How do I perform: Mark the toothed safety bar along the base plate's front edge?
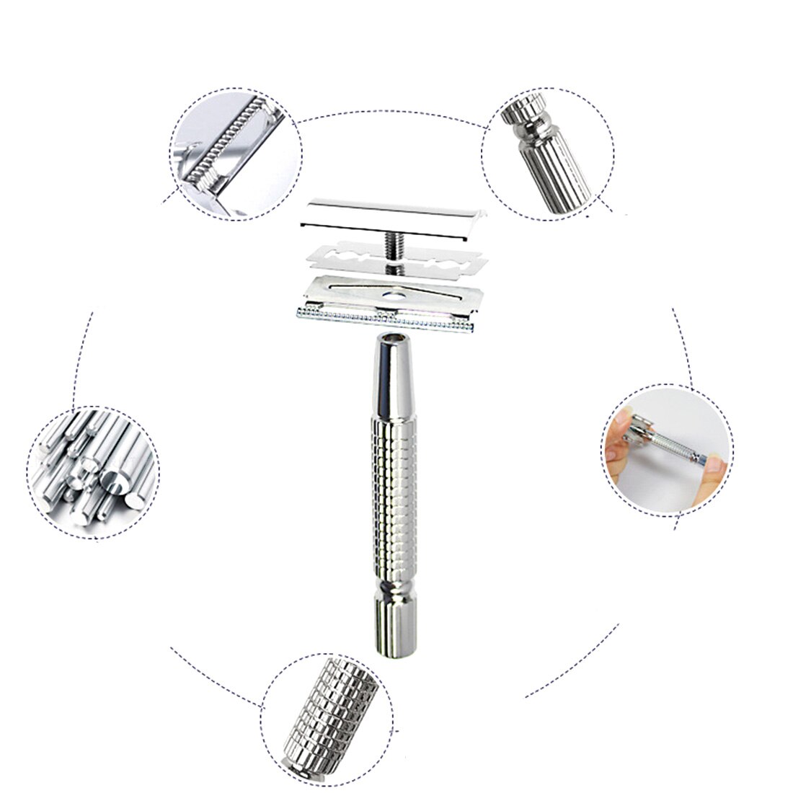[x=382, y=318]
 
